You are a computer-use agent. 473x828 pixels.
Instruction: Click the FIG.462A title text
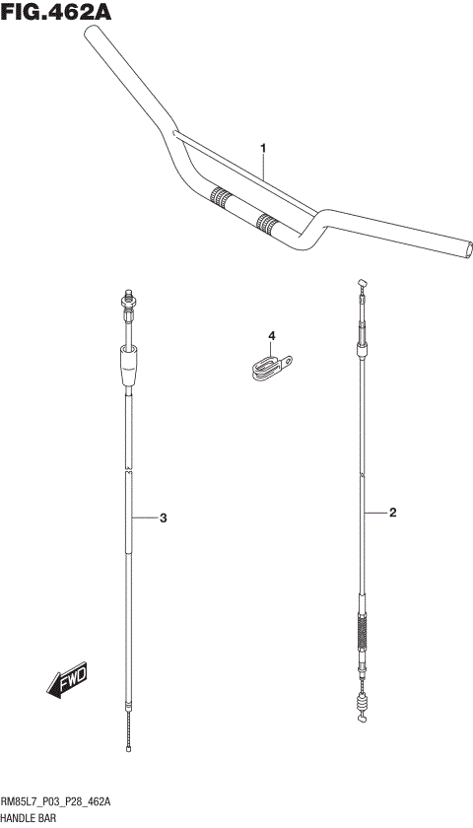(56, 11)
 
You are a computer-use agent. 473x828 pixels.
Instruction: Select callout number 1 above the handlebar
(263, 149)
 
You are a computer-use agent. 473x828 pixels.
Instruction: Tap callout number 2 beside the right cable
(393, 513)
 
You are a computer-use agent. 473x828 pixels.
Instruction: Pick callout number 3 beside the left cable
(164, 518)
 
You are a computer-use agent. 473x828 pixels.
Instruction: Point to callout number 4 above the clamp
(271, 336)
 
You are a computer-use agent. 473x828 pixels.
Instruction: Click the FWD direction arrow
(67, 678)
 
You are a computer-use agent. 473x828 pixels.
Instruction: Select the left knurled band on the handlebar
(221, 197)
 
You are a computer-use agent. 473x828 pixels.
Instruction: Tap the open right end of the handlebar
(467, 249)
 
